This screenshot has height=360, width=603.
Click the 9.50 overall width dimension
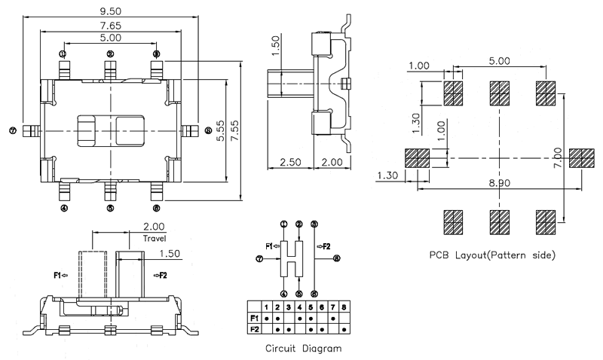tap(110, 10)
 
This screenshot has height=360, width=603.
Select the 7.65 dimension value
tap(110, 26)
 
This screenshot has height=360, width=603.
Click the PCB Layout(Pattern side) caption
tap(492, 255)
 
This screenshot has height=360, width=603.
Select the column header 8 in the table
tap(344, 307)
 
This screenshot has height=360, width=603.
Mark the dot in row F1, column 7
tap(333, 319)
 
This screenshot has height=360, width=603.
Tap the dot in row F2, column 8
tap(344, 329)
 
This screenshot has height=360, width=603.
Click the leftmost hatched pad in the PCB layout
tap(417, 158)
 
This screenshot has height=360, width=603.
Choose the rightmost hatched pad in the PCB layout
tap(581, 158)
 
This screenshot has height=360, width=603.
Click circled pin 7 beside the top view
tap(13, 130)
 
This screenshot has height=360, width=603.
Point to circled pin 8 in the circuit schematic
tap(336, 258)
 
